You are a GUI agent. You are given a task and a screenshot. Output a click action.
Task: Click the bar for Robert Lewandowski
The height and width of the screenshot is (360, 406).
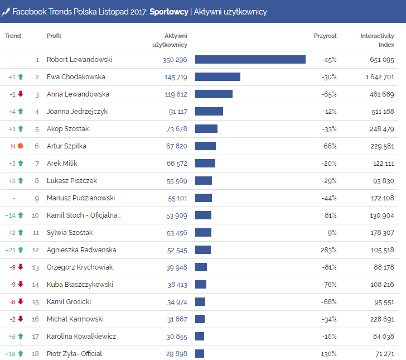pos(250,60)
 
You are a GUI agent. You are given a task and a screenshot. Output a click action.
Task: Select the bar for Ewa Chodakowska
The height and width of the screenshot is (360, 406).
pos(217,77)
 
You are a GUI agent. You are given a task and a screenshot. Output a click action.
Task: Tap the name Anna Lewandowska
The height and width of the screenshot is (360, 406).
pos(78,94)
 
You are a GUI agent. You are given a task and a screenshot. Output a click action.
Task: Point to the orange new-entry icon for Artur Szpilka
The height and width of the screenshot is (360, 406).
pos(21,146)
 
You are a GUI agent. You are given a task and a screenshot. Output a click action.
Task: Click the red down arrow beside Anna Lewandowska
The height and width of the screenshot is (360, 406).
pos(21,94)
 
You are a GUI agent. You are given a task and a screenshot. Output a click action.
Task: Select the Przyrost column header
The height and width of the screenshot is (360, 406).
pos(325,36)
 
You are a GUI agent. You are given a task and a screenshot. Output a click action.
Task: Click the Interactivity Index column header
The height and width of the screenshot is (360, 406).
pos(377,40)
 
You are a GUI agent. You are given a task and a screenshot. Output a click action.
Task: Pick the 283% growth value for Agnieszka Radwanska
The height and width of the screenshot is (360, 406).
pos(328,250)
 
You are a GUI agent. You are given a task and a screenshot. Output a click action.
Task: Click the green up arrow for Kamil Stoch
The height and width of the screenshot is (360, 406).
pos(21,215)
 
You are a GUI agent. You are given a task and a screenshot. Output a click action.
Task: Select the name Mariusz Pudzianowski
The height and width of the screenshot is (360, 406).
pos(81,198)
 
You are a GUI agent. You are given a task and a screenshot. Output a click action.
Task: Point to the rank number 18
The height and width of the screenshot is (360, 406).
pos(35,354)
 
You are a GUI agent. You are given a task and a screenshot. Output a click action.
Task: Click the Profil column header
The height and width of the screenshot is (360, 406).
pos(54,36)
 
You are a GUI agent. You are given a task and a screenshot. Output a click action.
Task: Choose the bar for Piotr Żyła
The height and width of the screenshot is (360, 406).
pos(200,354)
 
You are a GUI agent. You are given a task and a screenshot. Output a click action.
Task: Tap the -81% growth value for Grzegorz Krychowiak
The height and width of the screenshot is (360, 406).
pos(329,267)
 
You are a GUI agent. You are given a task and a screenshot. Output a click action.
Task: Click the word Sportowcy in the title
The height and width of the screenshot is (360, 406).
pos(169,12)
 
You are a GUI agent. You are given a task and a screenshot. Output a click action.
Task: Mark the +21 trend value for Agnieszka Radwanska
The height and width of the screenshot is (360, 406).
pos(10,250)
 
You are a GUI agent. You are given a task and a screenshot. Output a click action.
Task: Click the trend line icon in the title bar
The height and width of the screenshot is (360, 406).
pos(6,12)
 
